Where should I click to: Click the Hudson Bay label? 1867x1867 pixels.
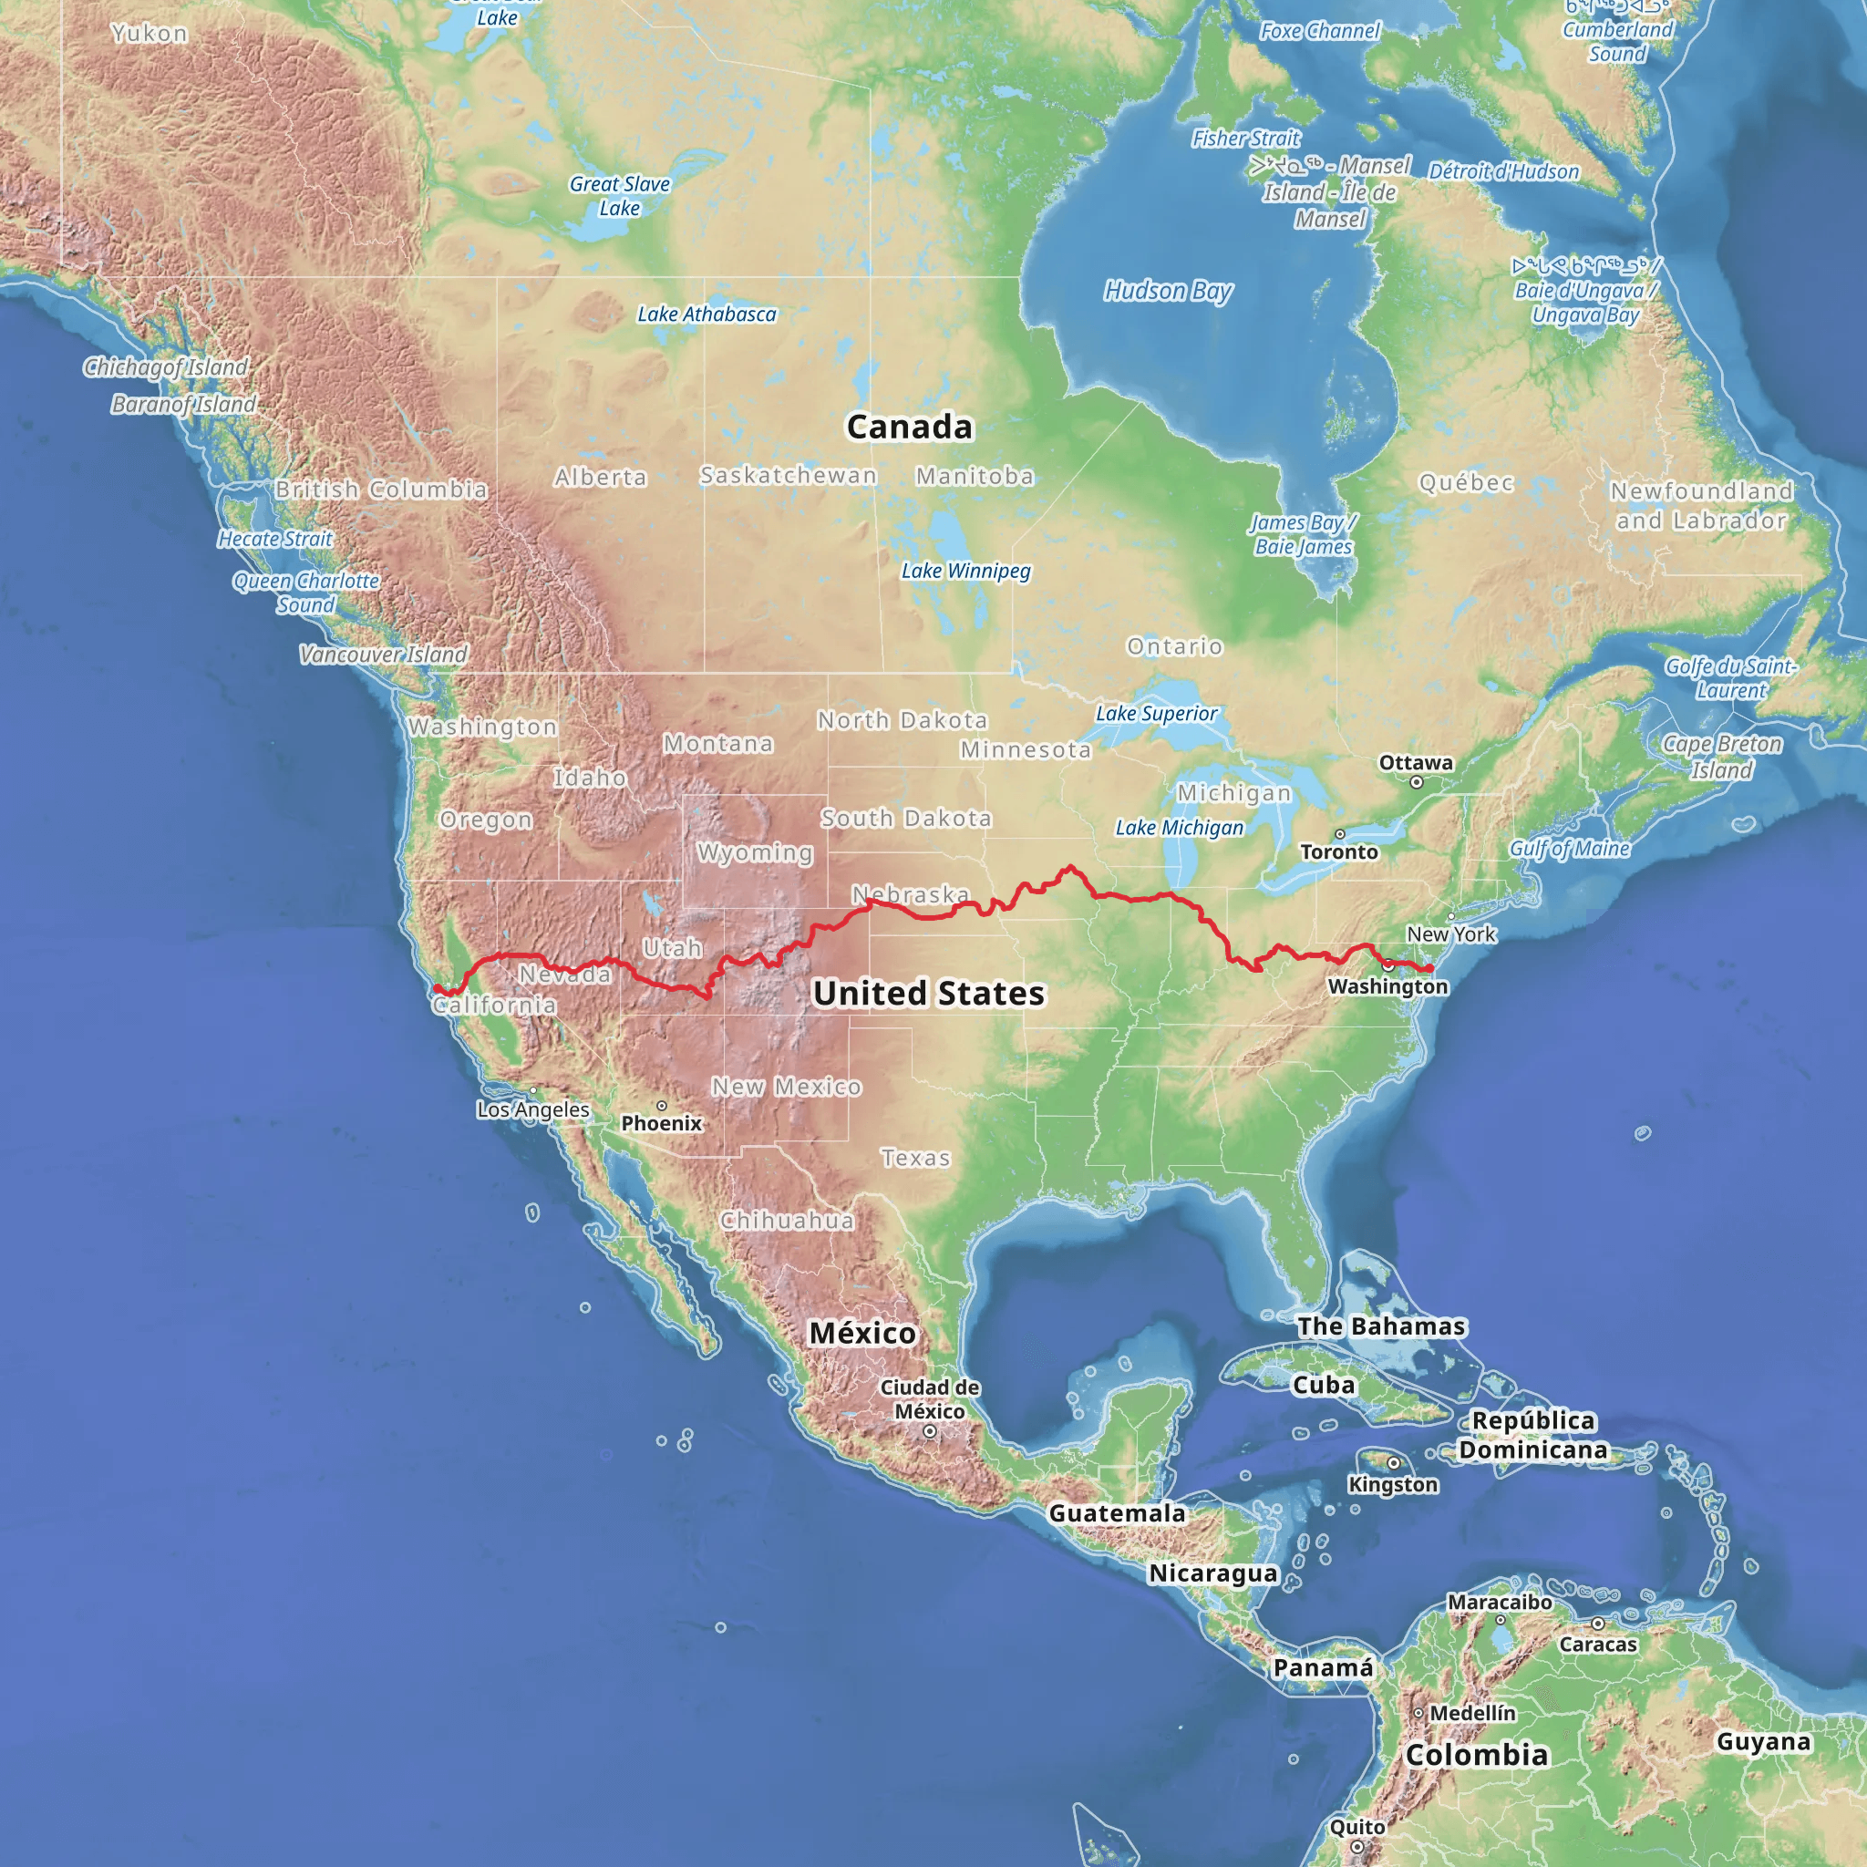click(1169, 291)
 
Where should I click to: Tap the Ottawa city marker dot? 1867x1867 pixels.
click(1417, 783)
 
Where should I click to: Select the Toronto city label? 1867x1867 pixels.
click(1338, 851)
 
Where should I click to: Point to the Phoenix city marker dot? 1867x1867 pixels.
click(662, 1106)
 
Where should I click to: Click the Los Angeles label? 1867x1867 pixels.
click(532, 1109)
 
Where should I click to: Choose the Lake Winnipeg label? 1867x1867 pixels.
click(965, 571)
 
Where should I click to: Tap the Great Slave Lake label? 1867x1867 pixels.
click(619, 195)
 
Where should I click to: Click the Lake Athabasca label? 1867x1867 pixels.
click(707, 315)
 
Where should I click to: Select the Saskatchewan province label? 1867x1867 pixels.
click(789, 476)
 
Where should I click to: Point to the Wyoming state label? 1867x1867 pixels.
click(755, 852)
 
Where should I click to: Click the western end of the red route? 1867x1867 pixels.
click(436, 987)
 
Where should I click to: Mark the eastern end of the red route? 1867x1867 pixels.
click(1430, 968)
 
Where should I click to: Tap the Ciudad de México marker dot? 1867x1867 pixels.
click(930, 1432)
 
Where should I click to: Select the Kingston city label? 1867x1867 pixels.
click(1393, 1484)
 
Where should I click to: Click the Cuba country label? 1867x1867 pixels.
click(1323, 1385)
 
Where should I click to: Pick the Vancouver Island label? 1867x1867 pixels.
click(383, 655)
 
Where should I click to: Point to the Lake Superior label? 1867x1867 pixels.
click(1156, 713)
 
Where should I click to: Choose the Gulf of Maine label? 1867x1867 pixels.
click(1570, 849)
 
